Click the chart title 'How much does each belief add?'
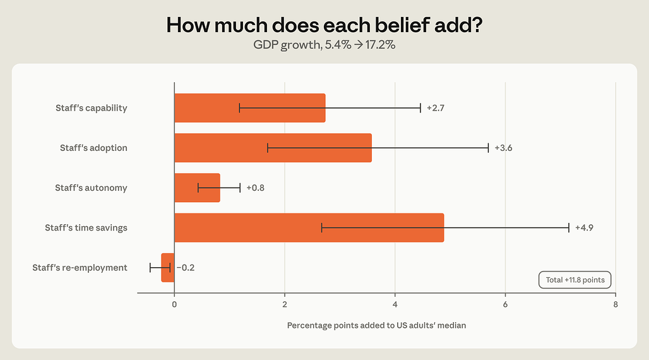324,25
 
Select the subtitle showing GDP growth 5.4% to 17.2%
324,45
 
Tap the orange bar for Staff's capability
250,108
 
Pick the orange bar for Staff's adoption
273,148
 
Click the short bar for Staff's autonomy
198,188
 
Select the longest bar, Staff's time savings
309,228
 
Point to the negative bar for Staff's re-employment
168,268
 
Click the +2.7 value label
436,108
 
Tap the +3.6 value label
503,148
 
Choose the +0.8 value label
256,188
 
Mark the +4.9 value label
584,228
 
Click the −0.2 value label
186,268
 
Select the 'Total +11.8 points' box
575,280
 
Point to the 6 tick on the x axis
506,304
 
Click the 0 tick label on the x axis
174,304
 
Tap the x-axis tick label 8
616,304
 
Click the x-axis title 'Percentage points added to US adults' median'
377,326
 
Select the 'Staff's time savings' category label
86,228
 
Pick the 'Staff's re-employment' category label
80,268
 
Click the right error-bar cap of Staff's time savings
569,228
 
